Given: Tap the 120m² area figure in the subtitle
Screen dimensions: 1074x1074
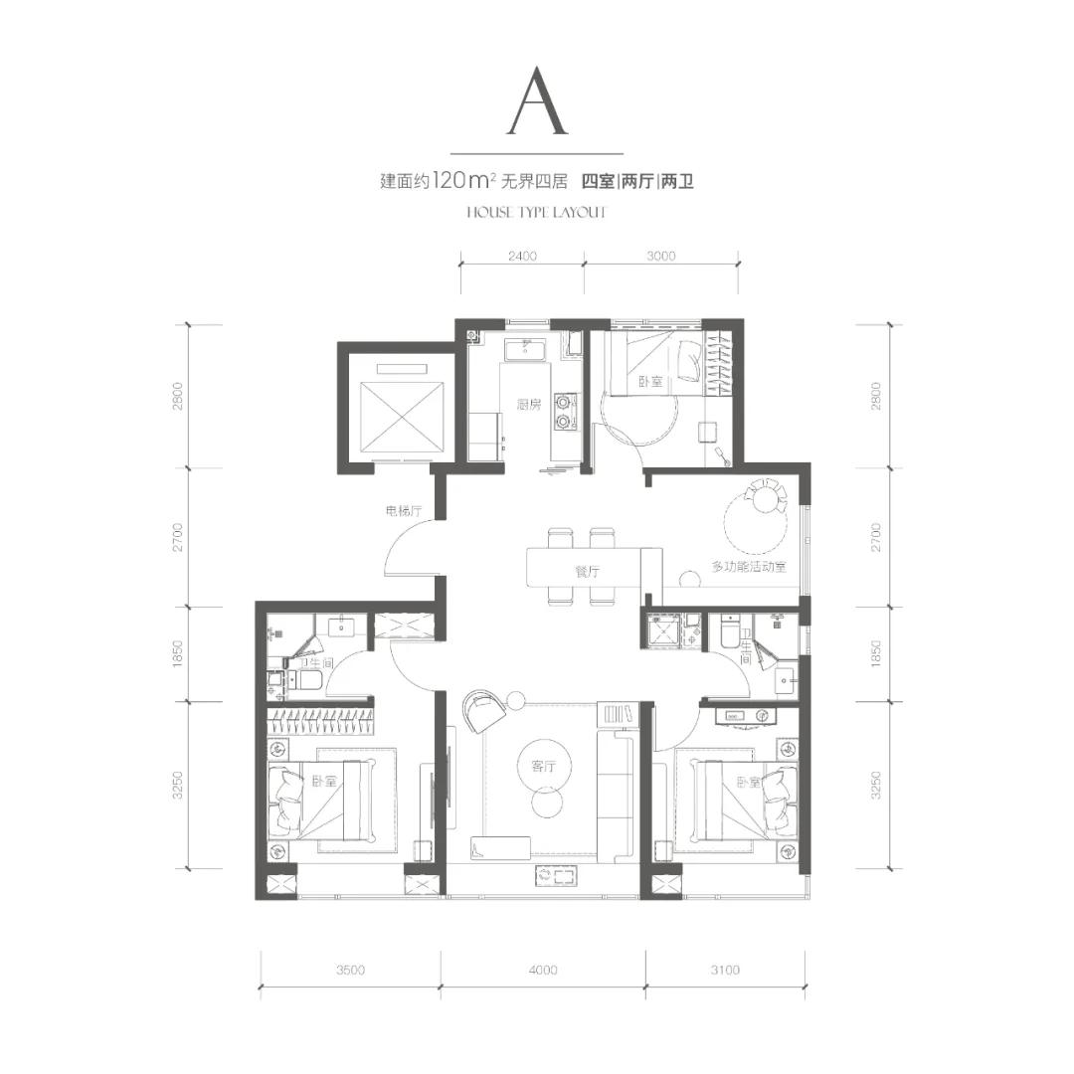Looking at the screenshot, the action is (x=464, y=181).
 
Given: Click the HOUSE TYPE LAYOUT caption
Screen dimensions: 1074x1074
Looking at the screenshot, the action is (x=536, y=213).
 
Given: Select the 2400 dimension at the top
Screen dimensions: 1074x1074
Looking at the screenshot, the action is (x=522, y=257).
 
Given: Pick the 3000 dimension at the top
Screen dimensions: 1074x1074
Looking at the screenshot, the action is (x=661, y=257).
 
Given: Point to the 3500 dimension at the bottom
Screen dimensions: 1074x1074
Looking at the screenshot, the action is (x=350, y=970).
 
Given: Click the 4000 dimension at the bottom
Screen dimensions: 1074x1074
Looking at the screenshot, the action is (x=543, y=970).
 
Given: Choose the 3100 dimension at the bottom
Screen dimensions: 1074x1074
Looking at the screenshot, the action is (x=725, y=970).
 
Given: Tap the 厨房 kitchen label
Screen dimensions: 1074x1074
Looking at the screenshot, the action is (x=529, y=405).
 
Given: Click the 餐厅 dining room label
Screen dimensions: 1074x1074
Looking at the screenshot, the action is (x=587, y=571).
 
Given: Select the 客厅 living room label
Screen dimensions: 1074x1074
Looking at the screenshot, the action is (x=543, y=766).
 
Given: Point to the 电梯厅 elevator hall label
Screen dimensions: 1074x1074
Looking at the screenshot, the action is (x=403, y=511).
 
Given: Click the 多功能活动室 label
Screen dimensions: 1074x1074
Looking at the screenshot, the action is (x=749, y=567).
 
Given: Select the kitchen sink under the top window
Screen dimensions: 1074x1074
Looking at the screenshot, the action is (x=525, y=349).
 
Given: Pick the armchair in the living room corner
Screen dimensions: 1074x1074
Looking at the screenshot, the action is (x=483, y=710).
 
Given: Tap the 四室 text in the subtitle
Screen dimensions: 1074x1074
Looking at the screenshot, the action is (x=598, y=182).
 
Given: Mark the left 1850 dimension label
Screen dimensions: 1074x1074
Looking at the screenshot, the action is (x=178, y=654).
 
